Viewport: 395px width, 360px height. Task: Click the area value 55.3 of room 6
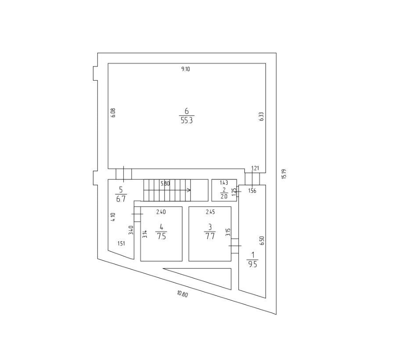[186, 120]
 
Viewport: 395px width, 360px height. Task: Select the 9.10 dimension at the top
[186, 69]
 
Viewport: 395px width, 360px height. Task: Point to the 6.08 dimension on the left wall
[113, 113]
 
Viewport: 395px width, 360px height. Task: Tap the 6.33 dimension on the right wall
[261, 116]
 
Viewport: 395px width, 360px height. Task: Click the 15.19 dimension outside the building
[284, 174]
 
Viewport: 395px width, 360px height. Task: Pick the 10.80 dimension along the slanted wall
[183, 294]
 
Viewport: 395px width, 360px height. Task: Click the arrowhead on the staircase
[188, 190]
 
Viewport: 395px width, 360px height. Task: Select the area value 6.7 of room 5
[121, 199]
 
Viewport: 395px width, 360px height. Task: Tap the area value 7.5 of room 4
[161, 236]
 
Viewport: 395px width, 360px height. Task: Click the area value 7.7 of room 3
[210, 236]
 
